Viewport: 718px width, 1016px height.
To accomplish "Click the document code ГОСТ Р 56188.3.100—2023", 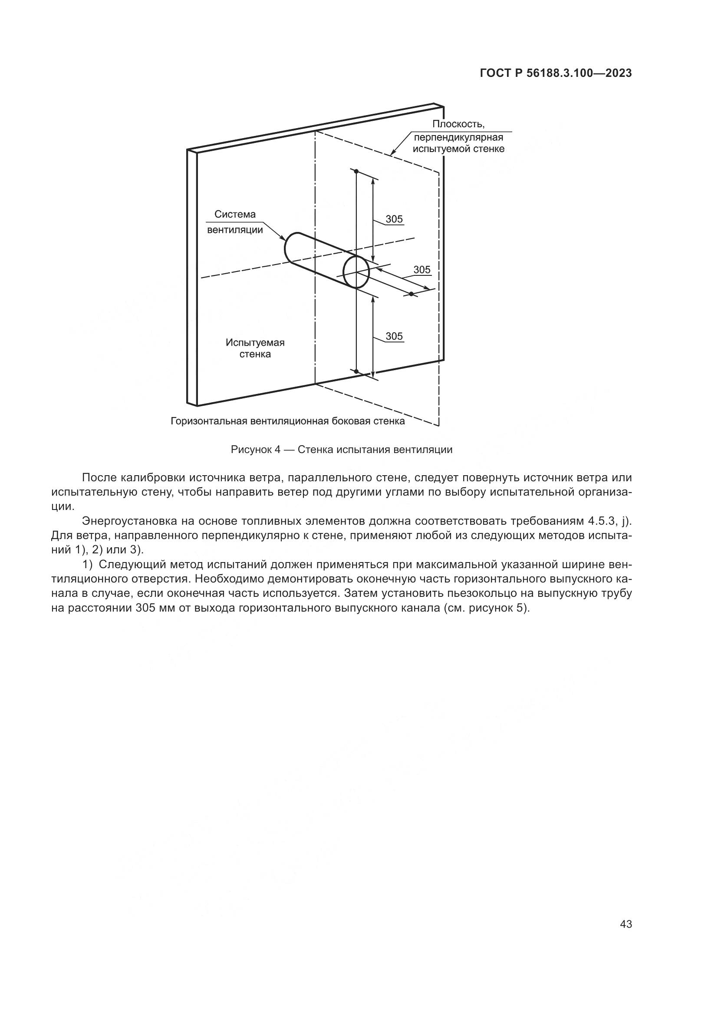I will (556, 73).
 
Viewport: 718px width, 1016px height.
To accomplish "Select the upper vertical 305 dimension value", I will (394, 219).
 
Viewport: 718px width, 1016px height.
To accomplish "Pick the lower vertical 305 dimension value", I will (394, 336).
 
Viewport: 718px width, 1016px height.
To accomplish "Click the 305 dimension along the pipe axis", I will (422, 269).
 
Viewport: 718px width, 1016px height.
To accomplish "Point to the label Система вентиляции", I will (235, 222).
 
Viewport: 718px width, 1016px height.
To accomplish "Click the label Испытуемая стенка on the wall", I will (255, 348).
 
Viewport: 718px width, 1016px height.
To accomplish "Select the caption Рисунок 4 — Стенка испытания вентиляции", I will (341, 450).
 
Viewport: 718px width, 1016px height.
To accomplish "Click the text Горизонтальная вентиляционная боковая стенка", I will (287, 421).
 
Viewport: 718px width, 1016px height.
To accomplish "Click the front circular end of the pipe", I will (356, 271).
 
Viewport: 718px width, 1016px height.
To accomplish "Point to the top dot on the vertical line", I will (356, 171).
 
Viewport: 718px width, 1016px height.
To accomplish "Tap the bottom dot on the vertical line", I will (356, 371).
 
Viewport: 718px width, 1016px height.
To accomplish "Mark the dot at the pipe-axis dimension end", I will (411, 294).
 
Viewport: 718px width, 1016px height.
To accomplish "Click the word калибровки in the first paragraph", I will (153, 478).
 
